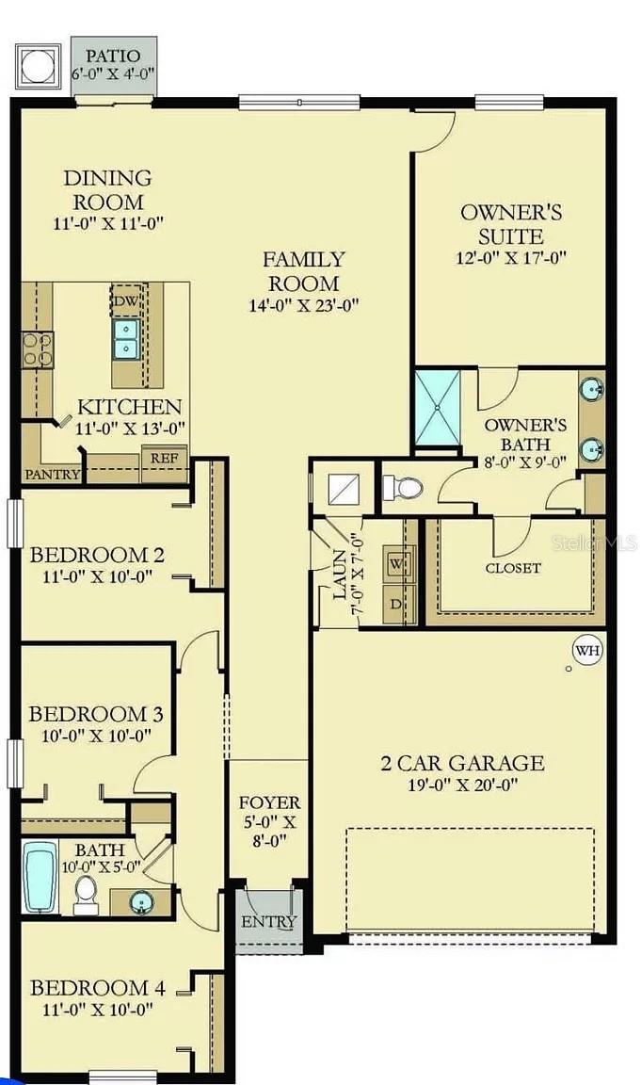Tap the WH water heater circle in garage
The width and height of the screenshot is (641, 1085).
pyautogui.click(x=587, y=649)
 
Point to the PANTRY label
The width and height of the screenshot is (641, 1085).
pyautogui.click(x=53, y=474)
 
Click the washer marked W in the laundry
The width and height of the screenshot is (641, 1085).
pyautogui.click(x=395, y=563)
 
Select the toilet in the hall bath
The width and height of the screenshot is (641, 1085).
pyautogui.click(x=86, y=894)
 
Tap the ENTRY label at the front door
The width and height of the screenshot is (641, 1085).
pyautogui.click(x=269, y=921)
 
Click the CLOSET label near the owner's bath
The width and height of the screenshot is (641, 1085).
pyautogui.click(x=513, y=568)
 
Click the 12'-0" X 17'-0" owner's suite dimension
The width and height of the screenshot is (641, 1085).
pyautogui.click(x=511, y=257)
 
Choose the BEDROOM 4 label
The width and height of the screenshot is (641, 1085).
pyautogui.click(x=98, y=988)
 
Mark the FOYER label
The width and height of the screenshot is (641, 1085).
pyautogui.click(x=269, y=802)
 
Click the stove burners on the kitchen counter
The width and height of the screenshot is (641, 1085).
pyautogui.click(x=37, y=348)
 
